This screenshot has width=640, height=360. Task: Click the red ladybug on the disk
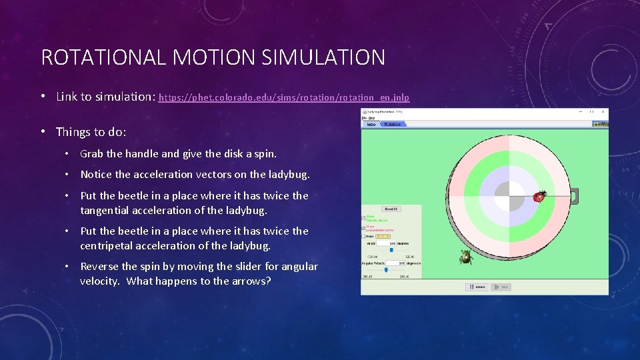539,196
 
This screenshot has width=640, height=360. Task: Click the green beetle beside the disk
466,257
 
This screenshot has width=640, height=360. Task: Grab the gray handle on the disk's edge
573,196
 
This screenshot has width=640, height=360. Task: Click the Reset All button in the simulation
391,209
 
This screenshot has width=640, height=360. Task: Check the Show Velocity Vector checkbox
363,217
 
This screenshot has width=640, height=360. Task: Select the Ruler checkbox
363,236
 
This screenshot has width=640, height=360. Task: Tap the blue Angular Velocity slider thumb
385,270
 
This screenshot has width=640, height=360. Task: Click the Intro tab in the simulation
371,124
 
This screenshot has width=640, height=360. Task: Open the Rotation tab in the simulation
393,124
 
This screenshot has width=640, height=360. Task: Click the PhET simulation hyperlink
284,97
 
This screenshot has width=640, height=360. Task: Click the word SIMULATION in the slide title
323,57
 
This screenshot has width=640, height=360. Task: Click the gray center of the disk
509,196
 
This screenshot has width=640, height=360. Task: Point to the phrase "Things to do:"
91,132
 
